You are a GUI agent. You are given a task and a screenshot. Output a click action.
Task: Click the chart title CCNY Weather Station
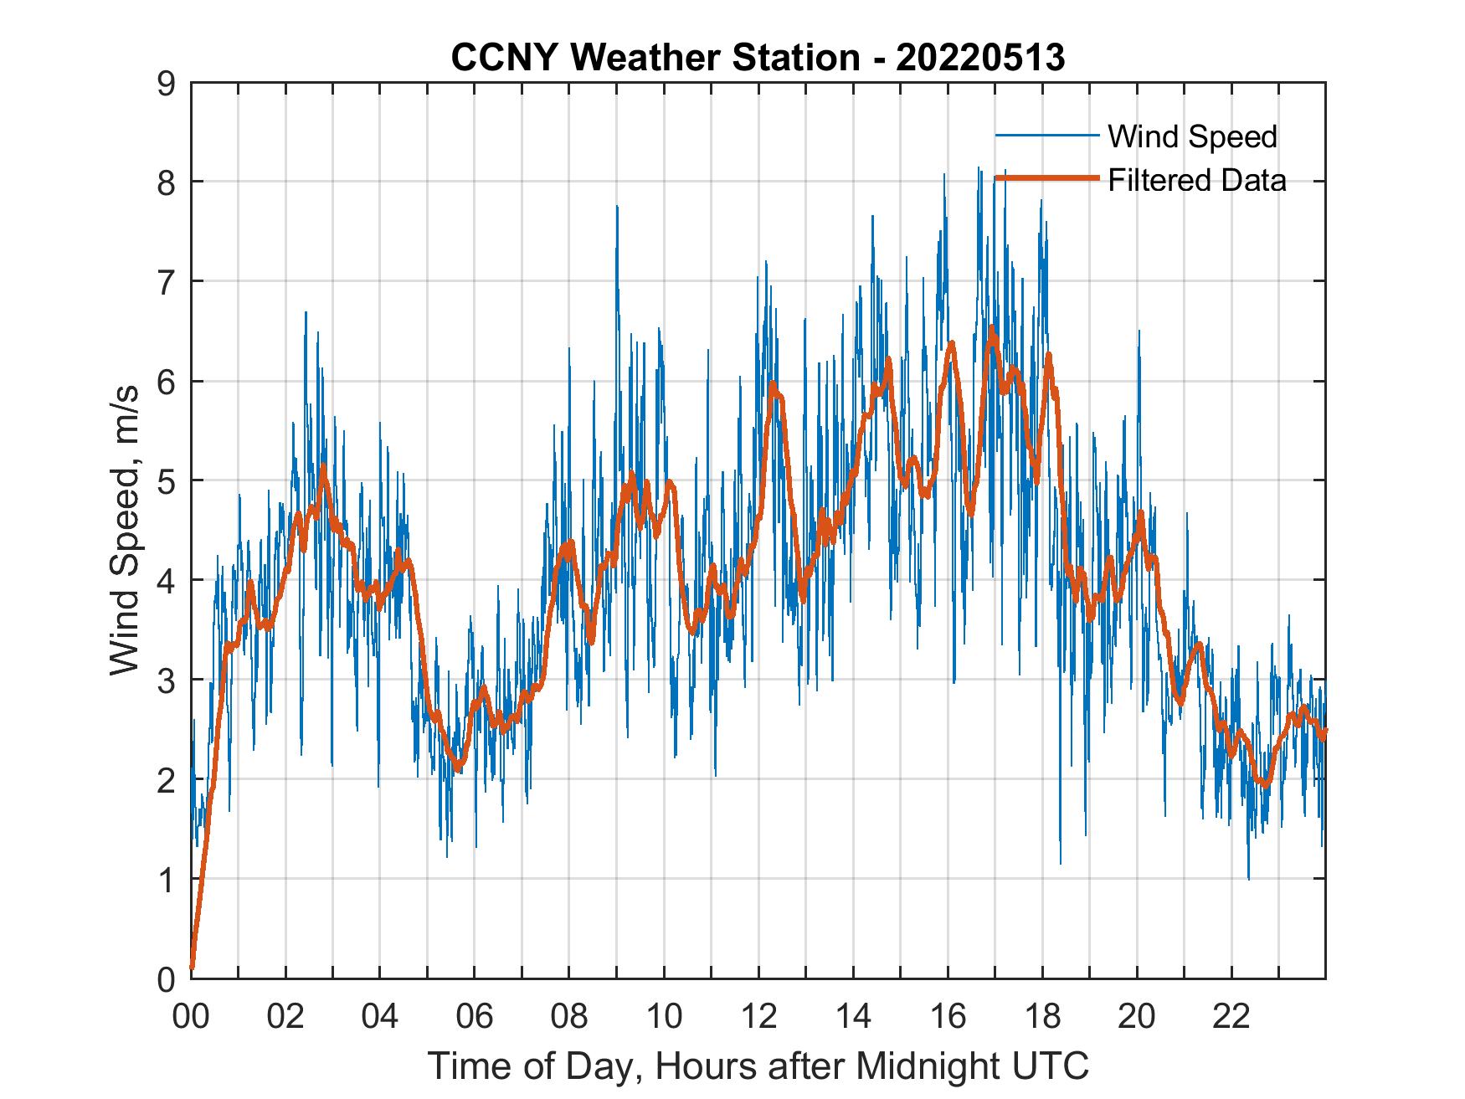tap(655, 58)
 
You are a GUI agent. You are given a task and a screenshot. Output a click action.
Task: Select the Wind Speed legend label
tap(1192, 136)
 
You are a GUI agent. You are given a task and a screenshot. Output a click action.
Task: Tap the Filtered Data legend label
tap(1196, 180)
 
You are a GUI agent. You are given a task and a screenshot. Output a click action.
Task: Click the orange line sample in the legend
tap(1046, 179)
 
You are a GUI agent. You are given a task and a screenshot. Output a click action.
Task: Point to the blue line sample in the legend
tap(1046, 136)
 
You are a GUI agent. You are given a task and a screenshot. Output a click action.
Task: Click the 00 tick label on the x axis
tap(191, 1018)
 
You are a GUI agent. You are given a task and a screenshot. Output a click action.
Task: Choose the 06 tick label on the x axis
tap(475, 1018)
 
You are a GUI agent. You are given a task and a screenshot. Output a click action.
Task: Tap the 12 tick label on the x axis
tap(758, 1018)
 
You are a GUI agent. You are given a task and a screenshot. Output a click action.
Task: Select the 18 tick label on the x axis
tap(1042, 1018)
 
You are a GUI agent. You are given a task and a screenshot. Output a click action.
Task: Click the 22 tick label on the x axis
tap(1231, 1018)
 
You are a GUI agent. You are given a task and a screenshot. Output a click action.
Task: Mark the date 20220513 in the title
tap(980, 58)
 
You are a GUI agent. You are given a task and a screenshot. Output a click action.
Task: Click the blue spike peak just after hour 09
tap(617, 206)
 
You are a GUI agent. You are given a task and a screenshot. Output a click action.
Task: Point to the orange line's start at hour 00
tap(193, 968)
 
